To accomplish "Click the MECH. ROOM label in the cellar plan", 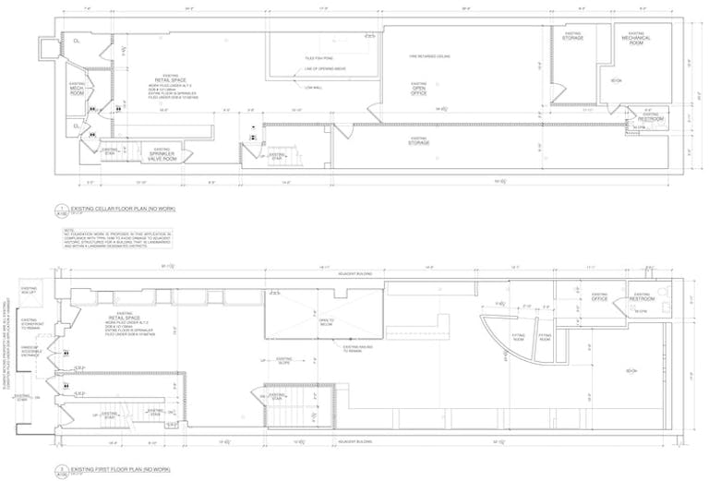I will click(x=77, y=89).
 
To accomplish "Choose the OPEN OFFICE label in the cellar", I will click(x=418, y=89).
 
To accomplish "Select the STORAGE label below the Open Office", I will click(x=419, y=141).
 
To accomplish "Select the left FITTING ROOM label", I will click(x=518, y=337).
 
